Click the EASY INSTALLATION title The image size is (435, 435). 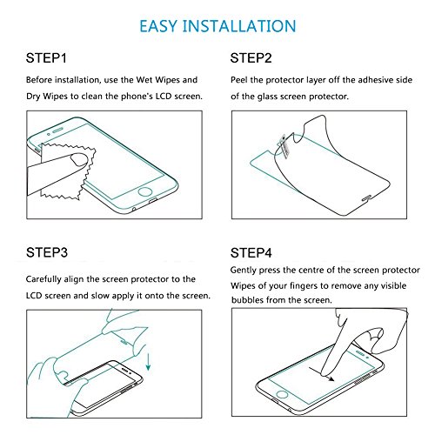217,26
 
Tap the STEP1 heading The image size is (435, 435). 46,58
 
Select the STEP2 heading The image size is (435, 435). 251,58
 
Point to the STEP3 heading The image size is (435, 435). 47,252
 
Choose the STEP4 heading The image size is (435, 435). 251,253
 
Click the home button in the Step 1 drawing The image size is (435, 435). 145,191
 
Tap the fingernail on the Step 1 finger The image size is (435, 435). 79,159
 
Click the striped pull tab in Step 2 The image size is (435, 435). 284,146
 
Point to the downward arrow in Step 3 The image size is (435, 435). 148,361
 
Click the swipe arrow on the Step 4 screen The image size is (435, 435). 322,373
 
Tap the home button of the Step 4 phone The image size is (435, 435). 282,394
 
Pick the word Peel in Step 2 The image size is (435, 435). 239,80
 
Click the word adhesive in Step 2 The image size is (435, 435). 375,80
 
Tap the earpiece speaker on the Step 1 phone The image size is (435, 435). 58,130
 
